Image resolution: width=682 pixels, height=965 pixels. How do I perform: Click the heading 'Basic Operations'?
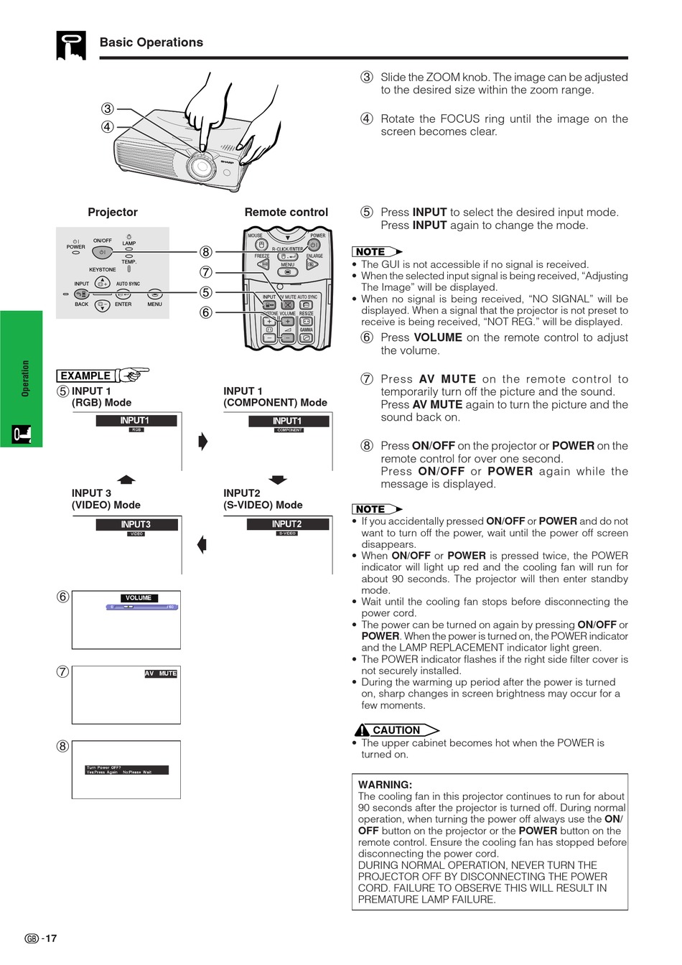(x=151, y=42)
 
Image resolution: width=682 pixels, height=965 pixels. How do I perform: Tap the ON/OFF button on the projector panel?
(x=103, y=252)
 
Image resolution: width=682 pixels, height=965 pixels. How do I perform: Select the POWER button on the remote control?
(x=314, y=245)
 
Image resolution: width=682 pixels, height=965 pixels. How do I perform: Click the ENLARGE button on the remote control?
(x=312, y=264)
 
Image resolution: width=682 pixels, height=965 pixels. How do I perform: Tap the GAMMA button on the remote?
(x=307, y=337)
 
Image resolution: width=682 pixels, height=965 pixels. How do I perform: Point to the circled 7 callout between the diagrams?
(x=206, y=272)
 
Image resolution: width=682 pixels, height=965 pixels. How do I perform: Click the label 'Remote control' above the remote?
(x=286, y=212)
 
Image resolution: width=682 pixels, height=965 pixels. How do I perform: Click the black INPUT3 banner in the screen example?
(x=136, y=524)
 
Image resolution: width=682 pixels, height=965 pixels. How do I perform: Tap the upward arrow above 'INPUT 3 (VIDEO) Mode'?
(x=126, y=479)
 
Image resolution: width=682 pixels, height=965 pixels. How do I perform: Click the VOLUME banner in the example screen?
(x=139, y=597)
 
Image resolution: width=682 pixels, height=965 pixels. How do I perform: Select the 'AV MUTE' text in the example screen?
(x=161, y=673)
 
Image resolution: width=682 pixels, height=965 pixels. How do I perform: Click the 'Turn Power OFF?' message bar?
(x=127, y=770)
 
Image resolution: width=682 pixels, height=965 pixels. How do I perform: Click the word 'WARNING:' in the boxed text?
(x=385, y=784)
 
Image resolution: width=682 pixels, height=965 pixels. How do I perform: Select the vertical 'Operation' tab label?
(x=26, y=378)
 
